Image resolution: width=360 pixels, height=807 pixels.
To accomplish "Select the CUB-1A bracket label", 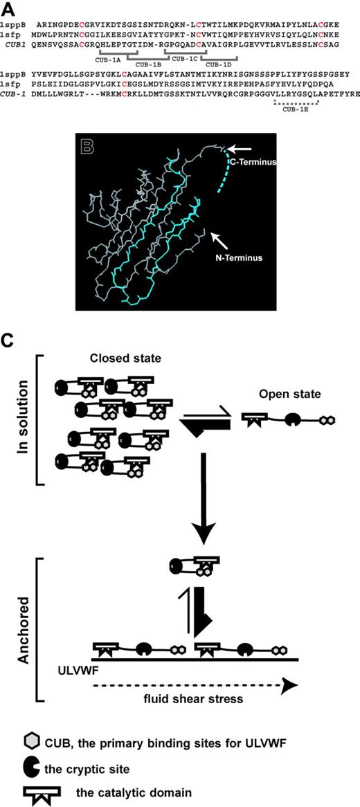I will click(x=113, y=58).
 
